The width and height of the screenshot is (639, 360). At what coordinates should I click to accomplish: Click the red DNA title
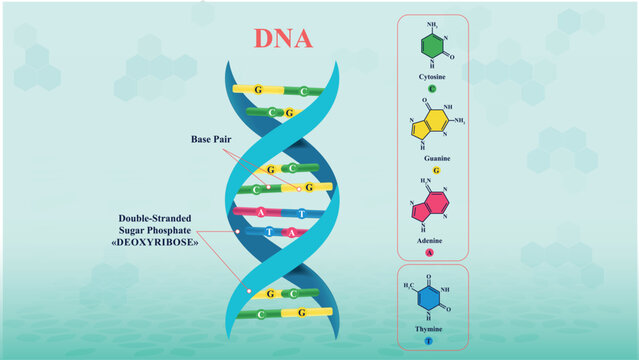(x=282, y=38)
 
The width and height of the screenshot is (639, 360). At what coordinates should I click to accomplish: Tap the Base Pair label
(x=211, y=139)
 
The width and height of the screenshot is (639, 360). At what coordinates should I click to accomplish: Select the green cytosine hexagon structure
(x=432, y=46)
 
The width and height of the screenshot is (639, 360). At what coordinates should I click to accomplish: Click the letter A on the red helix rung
(x=261, y=211)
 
